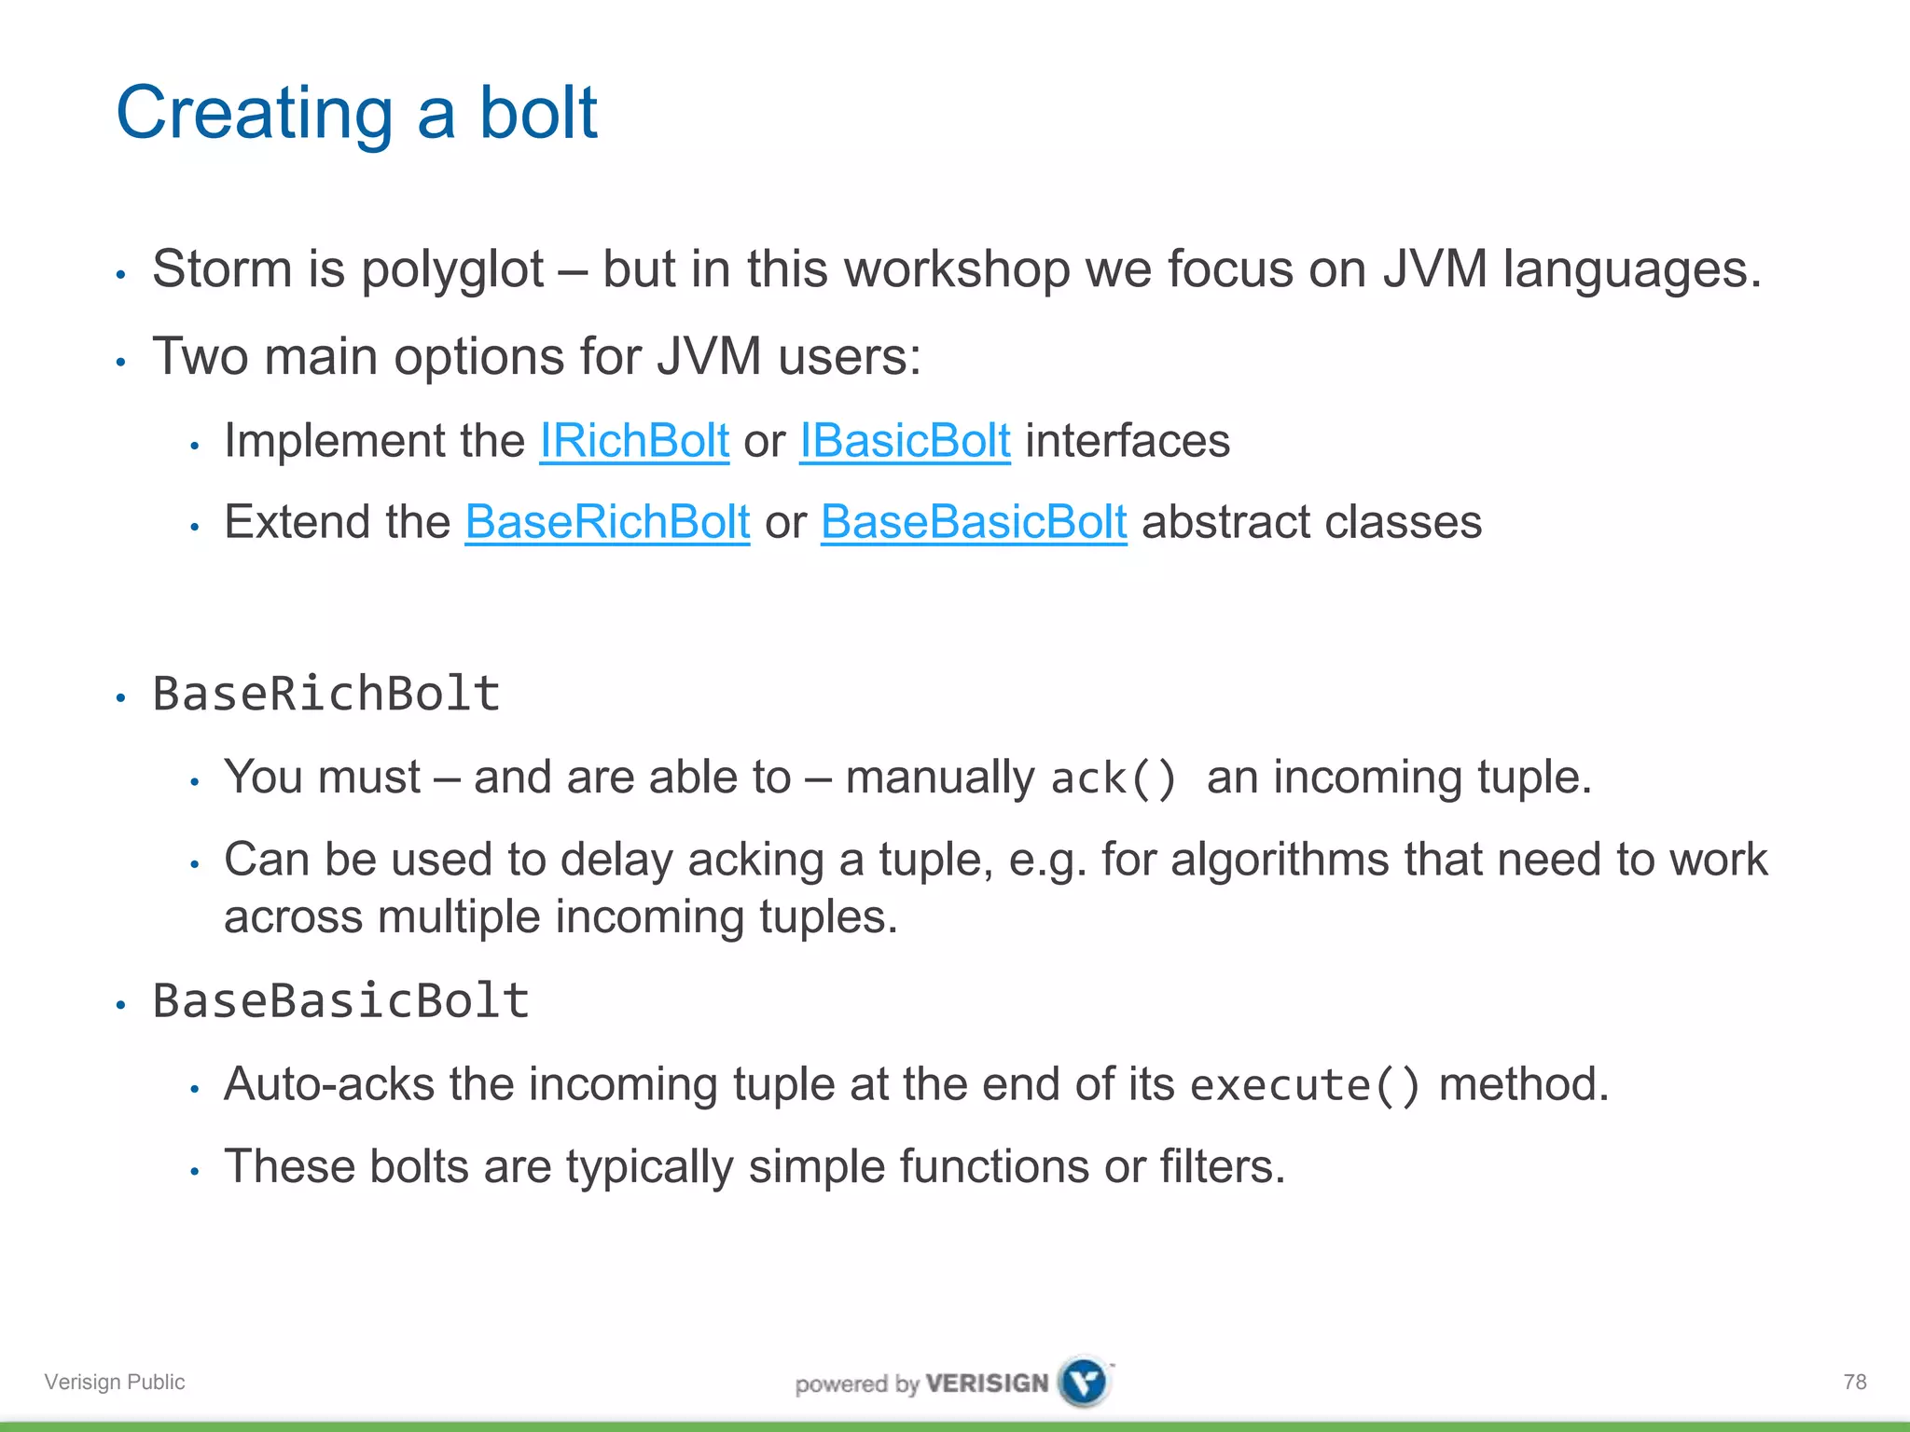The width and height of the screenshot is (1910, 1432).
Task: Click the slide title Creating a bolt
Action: [355, 113]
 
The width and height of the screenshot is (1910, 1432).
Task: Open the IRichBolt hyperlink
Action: [634, 440]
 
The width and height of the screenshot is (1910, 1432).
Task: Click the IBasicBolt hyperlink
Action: [905, 440]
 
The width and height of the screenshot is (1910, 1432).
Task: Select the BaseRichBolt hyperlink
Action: [607, 521]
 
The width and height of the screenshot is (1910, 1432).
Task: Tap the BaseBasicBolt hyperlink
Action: [974, 521]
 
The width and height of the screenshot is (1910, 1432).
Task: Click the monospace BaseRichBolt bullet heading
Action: [326, 694]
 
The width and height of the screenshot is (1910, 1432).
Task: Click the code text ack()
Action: [1114, 778]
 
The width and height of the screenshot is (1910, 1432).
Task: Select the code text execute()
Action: [1305, 1085]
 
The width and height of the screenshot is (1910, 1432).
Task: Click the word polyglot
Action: [451, 270]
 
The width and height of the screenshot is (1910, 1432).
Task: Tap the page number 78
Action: [1855, 1382]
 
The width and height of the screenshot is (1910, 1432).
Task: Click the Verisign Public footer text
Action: [115, 1382]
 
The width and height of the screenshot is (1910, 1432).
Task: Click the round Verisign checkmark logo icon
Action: [1085, 1382]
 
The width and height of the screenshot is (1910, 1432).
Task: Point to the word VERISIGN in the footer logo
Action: [988, 1383]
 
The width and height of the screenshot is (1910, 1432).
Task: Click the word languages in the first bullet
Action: [1632, 270]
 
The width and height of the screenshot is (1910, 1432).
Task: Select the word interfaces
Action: [1128, 440]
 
